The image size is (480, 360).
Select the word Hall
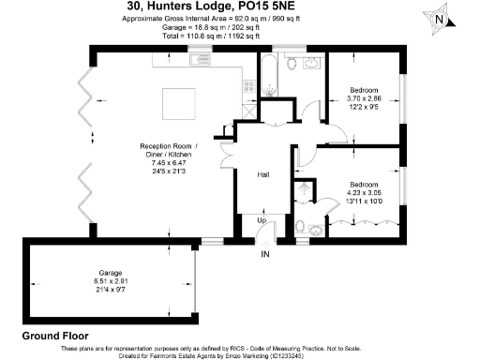tap(264, 174)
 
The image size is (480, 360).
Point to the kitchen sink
tap(199, 62)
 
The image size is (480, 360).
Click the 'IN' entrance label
tap(265, 253)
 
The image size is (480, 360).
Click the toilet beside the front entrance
tap(298, 226)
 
